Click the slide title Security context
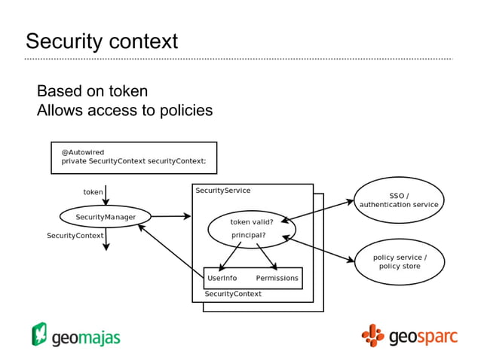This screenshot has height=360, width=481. tap(102, 41)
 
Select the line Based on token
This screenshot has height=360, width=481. tap(92, 91)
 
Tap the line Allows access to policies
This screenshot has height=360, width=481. tap(124, 111)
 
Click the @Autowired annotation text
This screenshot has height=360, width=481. tap(83, 152)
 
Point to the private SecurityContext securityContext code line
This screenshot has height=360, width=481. tap(139, 161)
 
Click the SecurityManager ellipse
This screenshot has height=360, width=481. tap(106, 217)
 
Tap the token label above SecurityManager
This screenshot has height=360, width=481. tap(93, 192)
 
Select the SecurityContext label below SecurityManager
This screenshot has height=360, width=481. tap(75, 236)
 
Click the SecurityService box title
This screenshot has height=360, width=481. tap(223, 191)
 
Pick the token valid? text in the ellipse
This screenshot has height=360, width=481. tap(252, 222)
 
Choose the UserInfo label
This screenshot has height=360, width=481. tap(222, 278)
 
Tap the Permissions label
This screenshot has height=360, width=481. tap(277, 278)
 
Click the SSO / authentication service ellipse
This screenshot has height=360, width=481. tap(399, 200)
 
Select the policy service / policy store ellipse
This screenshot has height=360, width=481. tap(399, 262)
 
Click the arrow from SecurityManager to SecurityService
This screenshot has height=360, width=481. tap(171, 217)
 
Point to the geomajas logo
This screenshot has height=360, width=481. tap(75, 335)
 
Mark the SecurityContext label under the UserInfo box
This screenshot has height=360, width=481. tap(233, 294)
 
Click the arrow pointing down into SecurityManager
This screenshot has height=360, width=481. tap(106, 197)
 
